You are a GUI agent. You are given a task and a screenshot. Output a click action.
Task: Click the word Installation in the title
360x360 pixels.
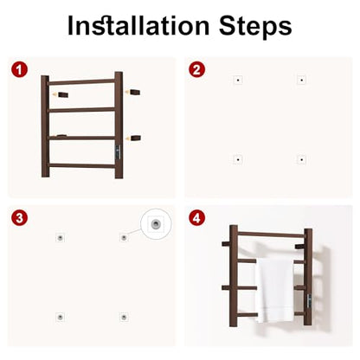tap(138, 25)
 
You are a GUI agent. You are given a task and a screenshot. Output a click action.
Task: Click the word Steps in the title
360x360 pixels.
tap(255, 27)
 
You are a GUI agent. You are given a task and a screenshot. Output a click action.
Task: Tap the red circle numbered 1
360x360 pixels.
tap(19, 70)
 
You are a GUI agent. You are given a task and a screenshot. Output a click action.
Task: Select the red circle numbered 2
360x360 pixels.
tap(196, 70)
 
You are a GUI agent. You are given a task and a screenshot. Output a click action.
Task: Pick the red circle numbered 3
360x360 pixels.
tap(19, 218)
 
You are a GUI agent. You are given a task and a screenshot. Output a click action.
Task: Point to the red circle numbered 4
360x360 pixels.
tap(196, 218)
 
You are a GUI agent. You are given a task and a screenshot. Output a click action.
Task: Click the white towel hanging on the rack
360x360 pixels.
tap(274, 290)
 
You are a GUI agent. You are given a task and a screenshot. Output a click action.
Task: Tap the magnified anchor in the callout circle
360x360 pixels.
tap(156, 223)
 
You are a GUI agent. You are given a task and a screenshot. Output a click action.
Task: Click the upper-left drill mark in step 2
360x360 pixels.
tap(238, 80)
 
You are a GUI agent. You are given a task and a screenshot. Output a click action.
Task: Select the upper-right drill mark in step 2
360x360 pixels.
tap(301, 80)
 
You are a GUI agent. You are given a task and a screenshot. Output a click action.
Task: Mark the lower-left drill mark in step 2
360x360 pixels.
tap(238, 159)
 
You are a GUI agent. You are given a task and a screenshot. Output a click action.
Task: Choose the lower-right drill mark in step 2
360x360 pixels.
tap(301, 159)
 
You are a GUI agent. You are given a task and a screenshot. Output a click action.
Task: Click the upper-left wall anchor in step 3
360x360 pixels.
tap(60, 238)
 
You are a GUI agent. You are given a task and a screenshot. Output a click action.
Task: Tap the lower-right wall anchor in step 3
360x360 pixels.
tap(124, 318)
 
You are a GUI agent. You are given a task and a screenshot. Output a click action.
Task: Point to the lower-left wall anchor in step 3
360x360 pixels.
tap(60, 318)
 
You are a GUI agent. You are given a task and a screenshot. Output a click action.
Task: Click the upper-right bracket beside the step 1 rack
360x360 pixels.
tap(135, 93)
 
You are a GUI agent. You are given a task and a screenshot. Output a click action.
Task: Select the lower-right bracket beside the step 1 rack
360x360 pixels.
tap(135, 138)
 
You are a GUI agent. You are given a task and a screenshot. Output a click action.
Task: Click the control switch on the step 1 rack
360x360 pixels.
tap(119, 151)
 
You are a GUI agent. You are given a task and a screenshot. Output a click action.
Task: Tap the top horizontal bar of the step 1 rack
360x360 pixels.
tap(81, 82)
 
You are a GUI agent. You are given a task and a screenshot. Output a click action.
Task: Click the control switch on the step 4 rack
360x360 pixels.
tap(309, 301)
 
